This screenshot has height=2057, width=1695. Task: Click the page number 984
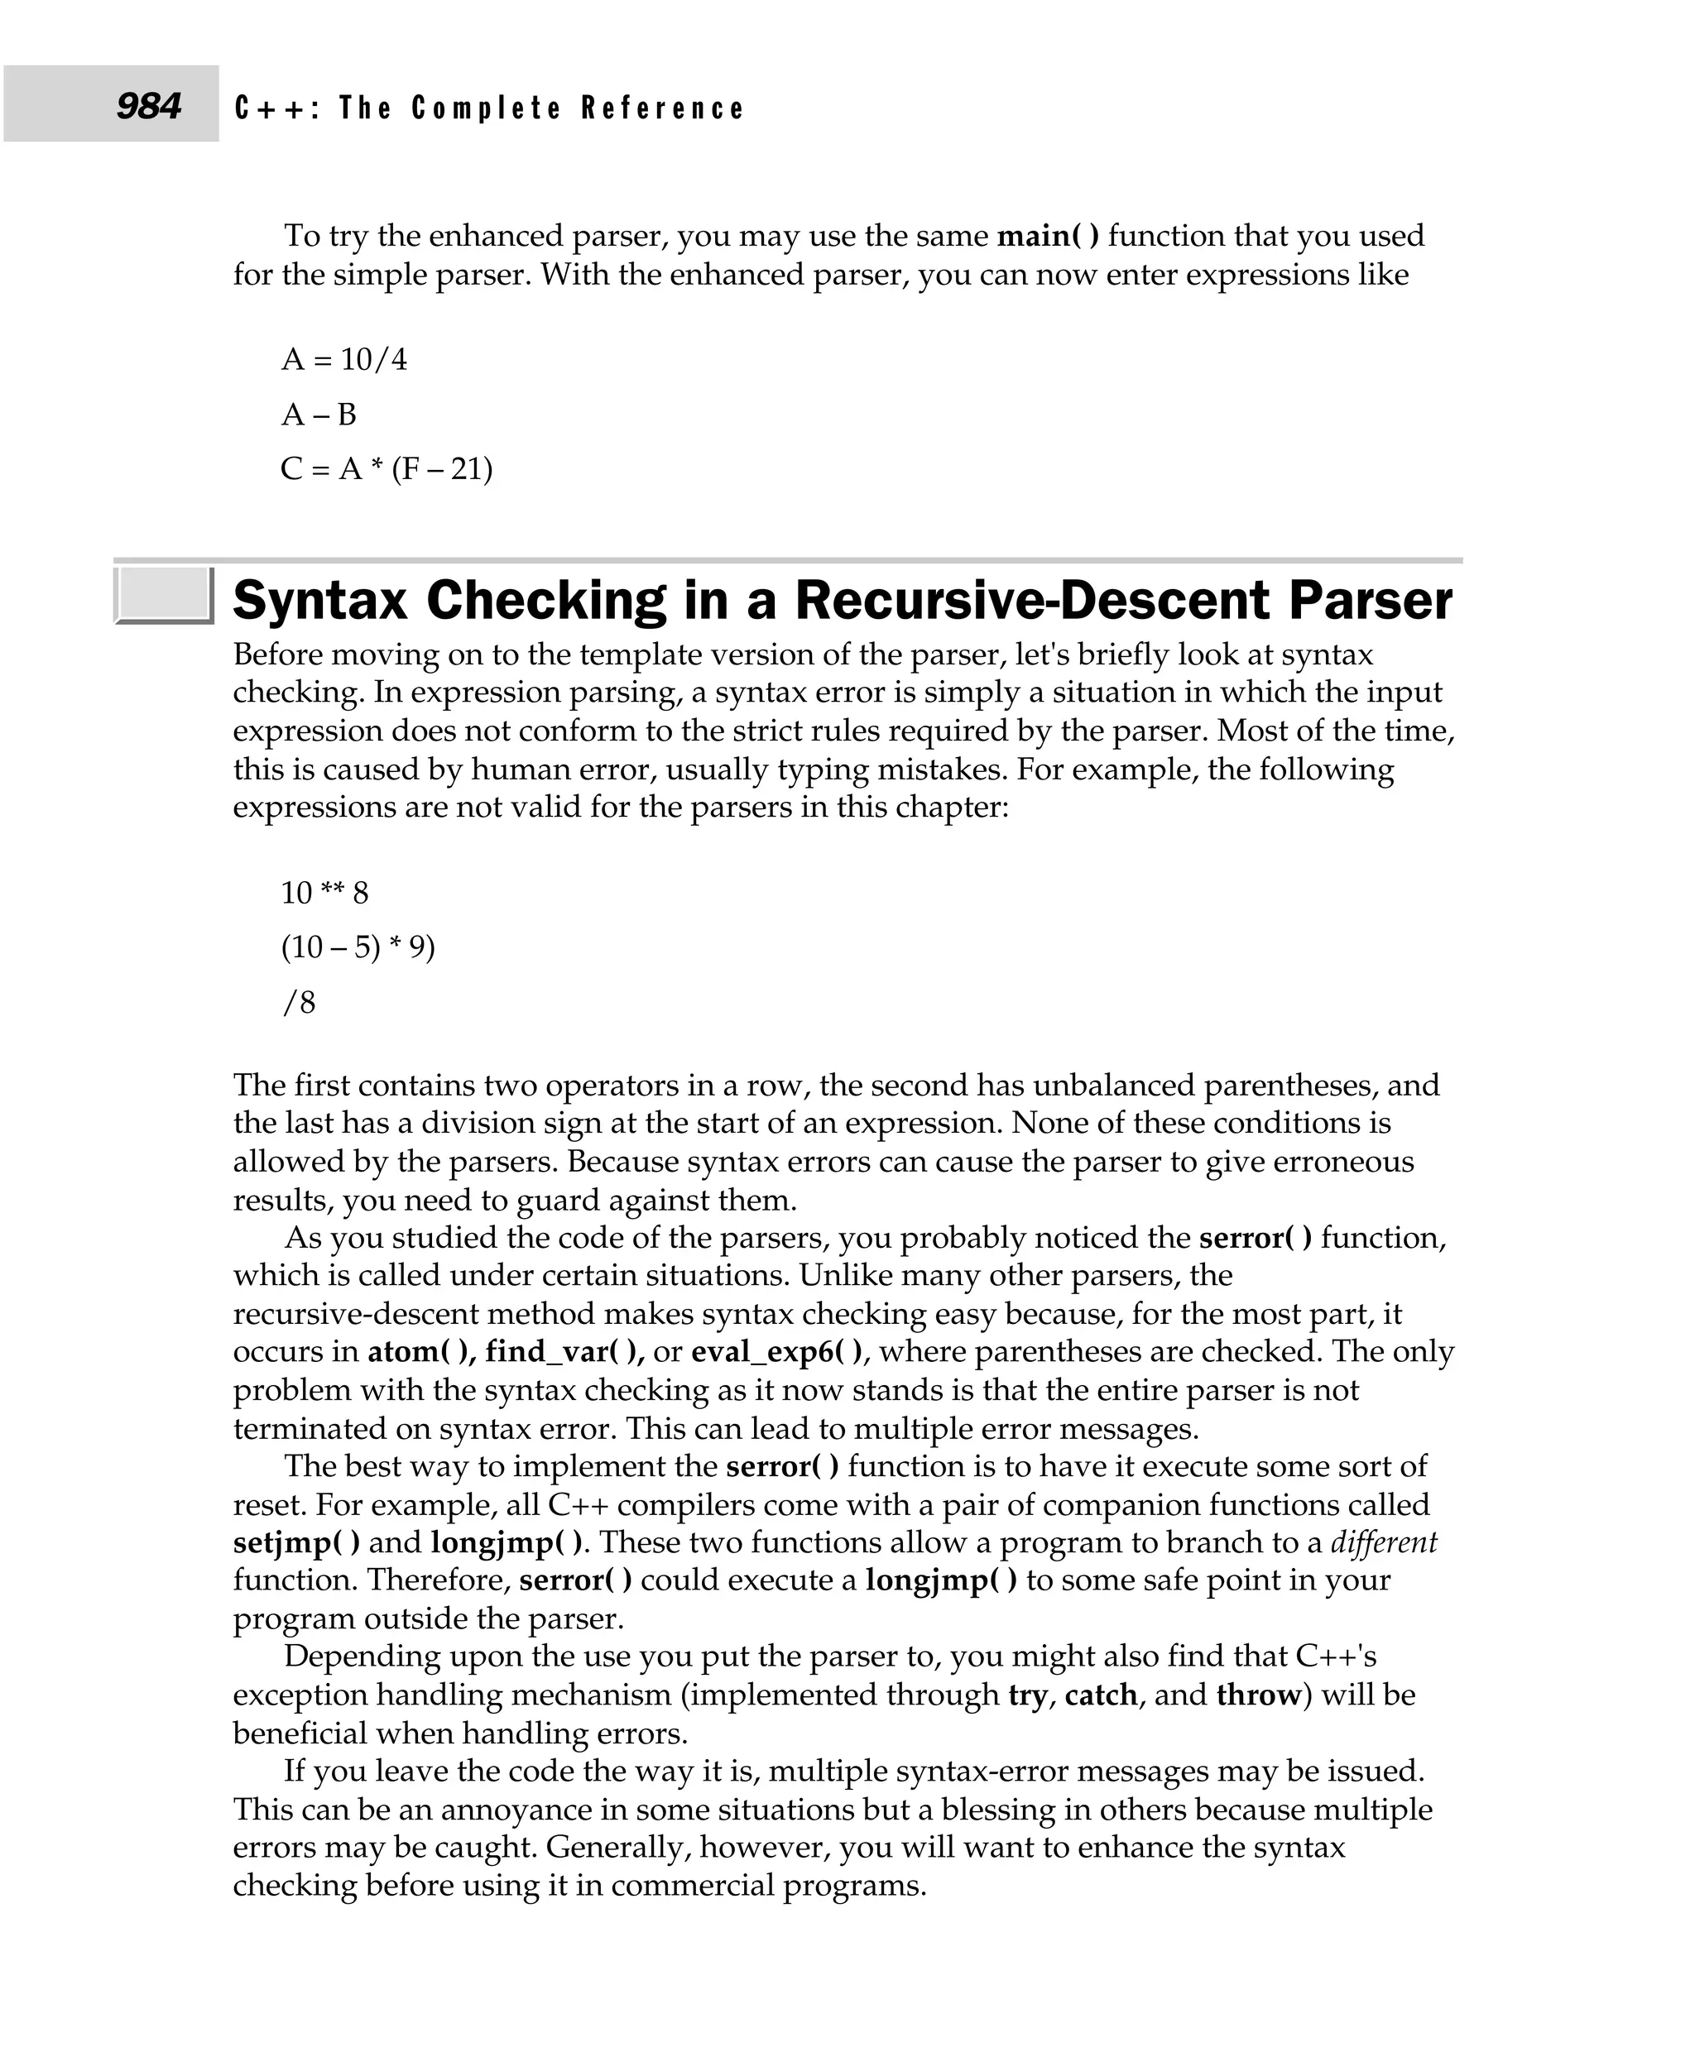(148, 105)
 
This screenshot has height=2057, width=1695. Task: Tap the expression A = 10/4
(343, 359)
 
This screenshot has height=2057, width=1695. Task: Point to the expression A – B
(319, 415)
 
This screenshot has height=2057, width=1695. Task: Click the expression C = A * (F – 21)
(387, 470)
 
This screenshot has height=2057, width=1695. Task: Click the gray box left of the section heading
(163, 595)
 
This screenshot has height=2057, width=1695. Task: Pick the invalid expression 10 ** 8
(324, 892)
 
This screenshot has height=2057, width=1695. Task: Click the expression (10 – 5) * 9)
(358, 947)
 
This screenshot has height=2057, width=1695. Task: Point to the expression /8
(299, 1003)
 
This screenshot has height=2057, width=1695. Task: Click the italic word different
(1384, 1542)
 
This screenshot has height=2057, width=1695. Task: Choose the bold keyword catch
(1101, 1695)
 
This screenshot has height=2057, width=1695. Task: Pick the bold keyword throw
(1259, 1695)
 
